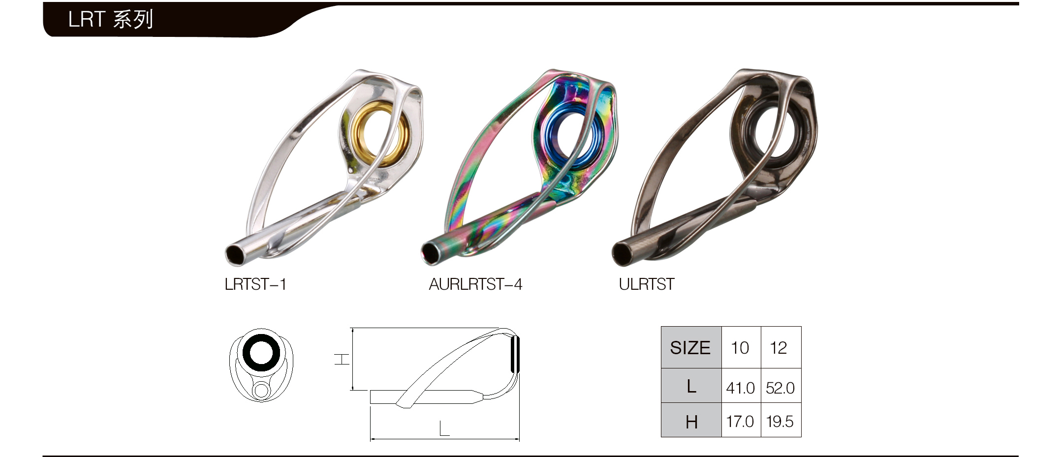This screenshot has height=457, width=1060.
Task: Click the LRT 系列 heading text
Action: pyautogui.click(x=111, y=19)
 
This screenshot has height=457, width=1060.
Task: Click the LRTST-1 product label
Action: pyautogui.click(x=255, y=284)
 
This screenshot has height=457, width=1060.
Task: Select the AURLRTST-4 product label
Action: pyautogui.click(x=475, y=284)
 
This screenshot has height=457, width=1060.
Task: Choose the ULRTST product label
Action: pyautogui.click(x=647, y=284)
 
